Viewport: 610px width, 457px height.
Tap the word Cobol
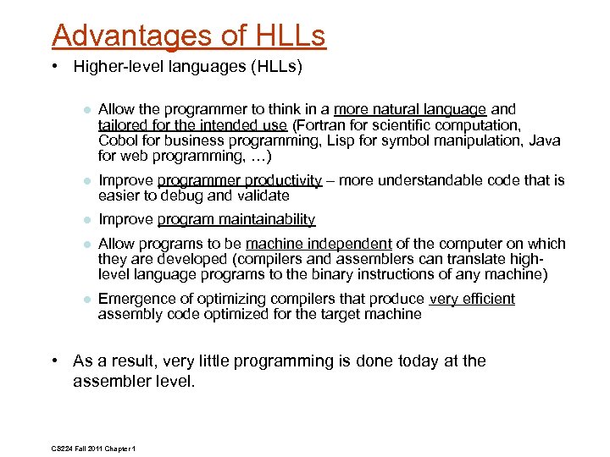pos(118,140)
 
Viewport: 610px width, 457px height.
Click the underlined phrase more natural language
pos(410,109)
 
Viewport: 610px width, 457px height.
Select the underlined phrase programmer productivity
pos(240,180)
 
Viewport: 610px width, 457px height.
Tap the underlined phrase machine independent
pos(319,244)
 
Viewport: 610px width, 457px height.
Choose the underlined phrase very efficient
pos(472,299)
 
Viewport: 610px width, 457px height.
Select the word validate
pos(263,195)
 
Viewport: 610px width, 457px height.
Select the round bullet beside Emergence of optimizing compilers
pos(86,300)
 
